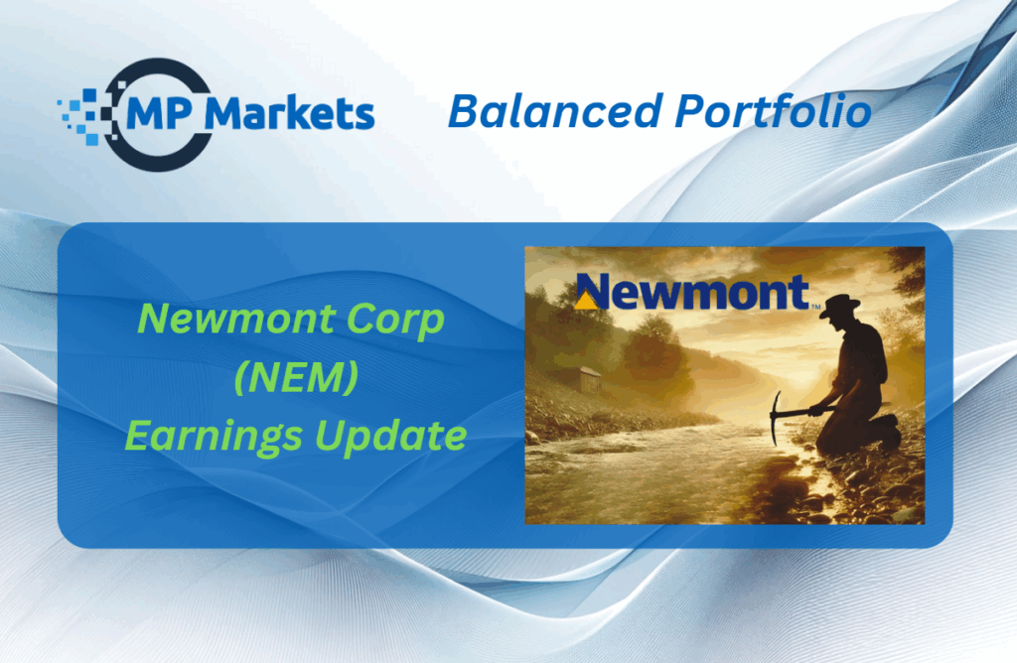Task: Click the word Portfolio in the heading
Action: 773,111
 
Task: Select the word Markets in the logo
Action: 289,114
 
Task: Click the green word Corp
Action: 394,321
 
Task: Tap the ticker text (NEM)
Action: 296,377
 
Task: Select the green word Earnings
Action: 214,437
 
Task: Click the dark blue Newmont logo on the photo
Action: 692,292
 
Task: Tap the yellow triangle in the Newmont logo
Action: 586,300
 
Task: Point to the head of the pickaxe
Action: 776,419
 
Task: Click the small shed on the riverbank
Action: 590,380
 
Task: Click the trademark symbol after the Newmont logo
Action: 816,307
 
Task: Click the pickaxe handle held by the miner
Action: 796,412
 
